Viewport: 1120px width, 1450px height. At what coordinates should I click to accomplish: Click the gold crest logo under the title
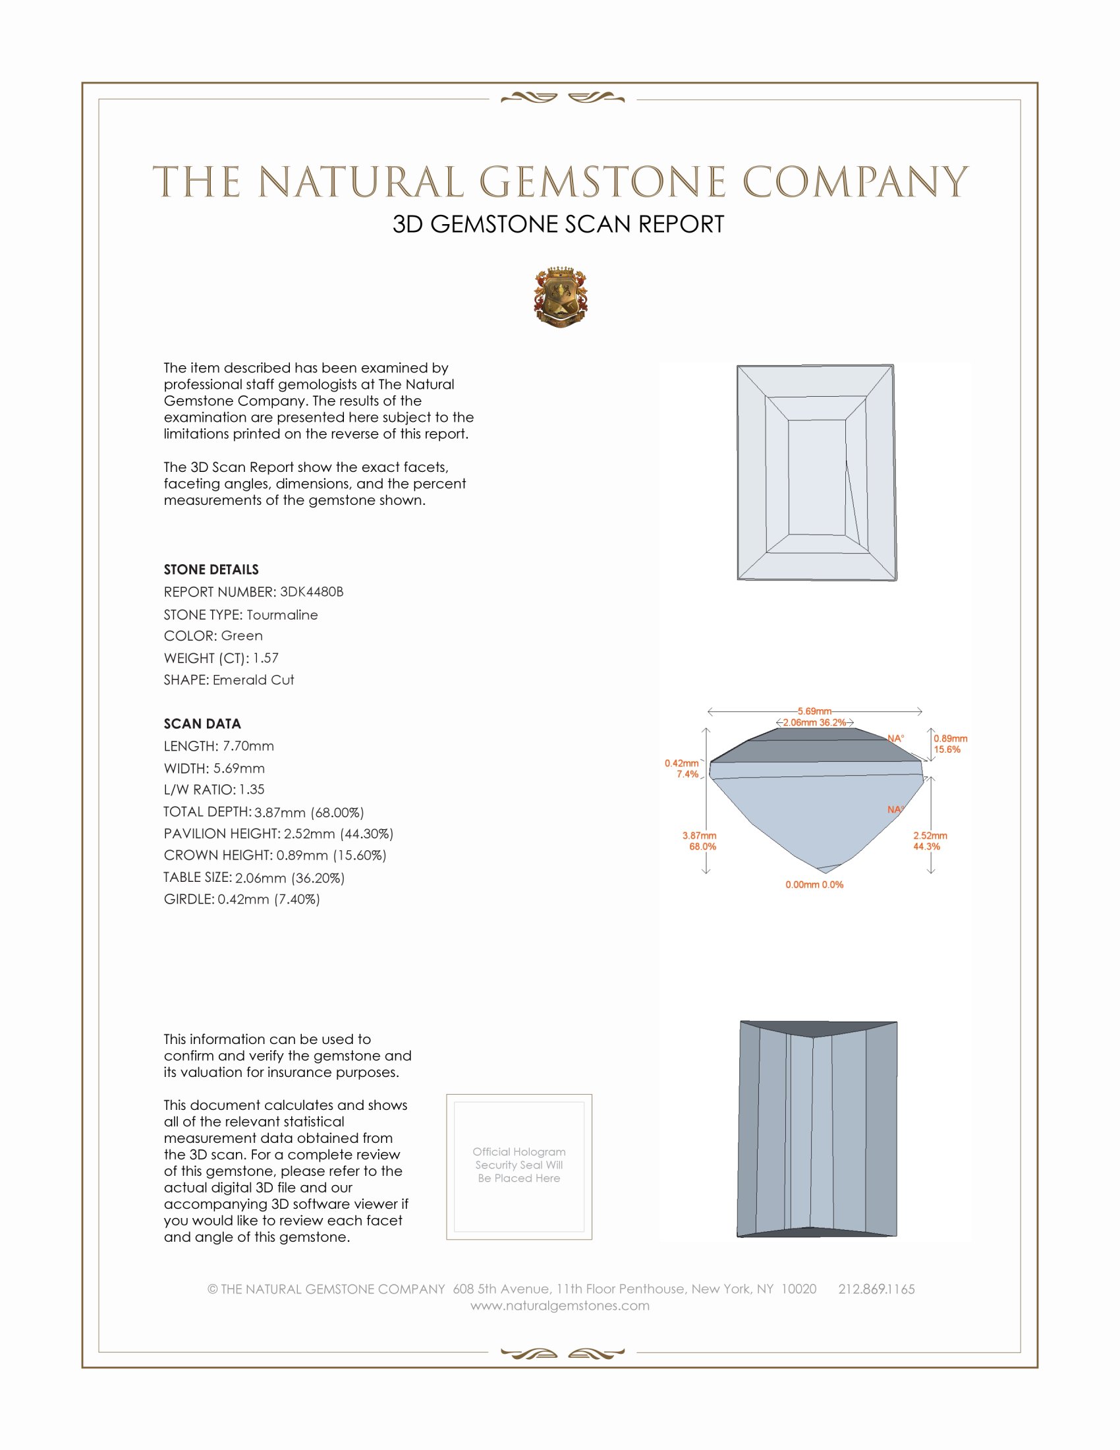tap(560, 297)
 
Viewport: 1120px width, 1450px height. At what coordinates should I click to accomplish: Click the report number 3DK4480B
tap(311, 592)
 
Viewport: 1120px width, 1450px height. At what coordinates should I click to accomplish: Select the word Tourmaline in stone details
tap(282, 615)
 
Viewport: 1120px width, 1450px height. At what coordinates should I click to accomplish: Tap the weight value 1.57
tap(266, 658)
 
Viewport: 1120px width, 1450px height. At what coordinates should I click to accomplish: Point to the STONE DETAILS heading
tap(211, 569)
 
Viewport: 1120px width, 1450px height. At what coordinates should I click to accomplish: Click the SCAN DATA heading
tap(202, 724)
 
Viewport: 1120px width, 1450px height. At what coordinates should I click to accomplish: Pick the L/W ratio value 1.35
tap(252, 790)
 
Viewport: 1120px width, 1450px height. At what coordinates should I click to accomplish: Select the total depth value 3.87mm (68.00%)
tap(309, 812)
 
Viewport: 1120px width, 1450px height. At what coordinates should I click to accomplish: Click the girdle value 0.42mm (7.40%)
tap(269, 899)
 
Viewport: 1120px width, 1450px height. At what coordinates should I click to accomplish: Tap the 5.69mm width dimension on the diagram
tap(814, 711)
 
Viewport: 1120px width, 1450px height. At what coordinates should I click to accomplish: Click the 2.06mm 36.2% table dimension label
tap(814, 722)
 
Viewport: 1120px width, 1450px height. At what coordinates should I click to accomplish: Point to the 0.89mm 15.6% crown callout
tap(950, 743)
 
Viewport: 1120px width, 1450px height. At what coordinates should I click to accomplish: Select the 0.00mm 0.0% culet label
tap(814, 884)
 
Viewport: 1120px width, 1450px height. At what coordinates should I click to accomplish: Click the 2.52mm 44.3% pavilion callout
tap(930, 840)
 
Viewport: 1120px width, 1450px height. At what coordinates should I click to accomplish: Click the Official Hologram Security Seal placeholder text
tap(519, 1165)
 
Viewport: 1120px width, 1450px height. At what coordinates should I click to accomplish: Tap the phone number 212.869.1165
tap(876, 1289)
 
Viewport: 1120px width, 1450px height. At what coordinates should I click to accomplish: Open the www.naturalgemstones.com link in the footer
tap(560, 1305)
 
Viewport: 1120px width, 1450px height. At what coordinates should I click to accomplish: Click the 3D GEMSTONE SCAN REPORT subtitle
tap(558, 224)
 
